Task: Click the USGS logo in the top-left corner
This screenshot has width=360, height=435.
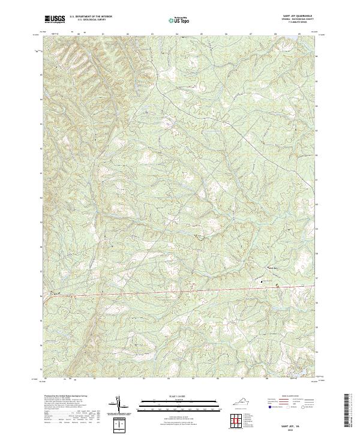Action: click(55, 19)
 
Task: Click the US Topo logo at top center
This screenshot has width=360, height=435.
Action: click(180, 20)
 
